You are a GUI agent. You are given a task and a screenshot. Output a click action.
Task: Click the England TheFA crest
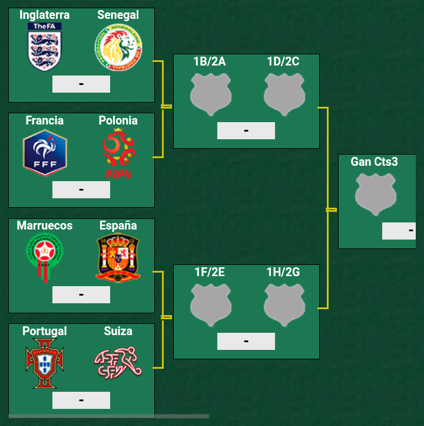[x=45, y=47]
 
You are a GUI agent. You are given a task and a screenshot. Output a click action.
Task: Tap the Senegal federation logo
[x=118, y=47]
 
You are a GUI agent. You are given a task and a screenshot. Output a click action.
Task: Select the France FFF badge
[x=45, y=153]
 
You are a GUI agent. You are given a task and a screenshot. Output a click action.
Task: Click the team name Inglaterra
[x=45, y=15]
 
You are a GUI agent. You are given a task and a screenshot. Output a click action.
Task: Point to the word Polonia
[x=118, y=120]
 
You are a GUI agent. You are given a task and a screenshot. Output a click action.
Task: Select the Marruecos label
[x=45, y=225]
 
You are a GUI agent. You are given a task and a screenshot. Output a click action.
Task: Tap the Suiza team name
[x=118, y=331]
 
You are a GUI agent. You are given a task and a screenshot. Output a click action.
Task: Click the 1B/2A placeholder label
[x=210, y=61]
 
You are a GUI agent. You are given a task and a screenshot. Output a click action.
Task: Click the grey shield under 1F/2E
[x=210, y=304]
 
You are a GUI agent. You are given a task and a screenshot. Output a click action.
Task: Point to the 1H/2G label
[x=283, y=272]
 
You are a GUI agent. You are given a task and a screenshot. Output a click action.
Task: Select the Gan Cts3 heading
[x=375, y=162]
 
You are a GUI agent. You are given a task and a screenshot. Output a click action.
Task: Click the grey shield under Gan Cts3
[x=376, y=195]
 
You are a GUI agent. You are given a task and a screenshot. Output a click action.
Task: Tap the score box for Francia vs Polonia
[x=81, y=189]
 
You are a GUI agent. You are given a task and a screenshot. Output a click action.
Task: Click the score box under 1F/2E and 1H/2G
[x=246, y=341]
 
